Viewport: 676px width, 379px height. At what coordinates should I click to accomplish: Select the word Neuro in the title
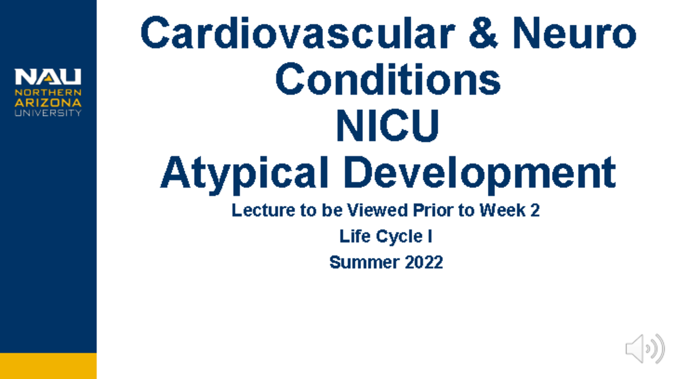(x=580, y=34)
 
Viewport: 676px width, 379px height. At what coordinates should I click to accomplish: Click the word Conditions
(x=388, y=80)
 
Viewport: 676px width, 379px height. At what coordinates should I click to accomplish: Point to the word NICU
(x=388, y=127)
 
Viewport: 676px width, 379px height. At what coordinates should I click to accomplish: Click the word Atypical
(x=244, y=173)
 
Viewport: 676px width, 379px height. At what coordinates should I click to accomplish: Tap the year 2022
(x=424, y=262)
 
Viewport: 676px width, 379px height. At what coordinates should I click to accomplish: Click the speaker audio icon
(x=644, y=349)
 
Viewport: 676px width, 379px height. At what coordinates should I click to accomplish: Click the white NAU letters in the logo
(x=48, y=77)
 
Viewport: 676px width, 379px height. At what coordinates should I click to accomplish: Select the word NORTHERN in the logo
(x=48, y=92)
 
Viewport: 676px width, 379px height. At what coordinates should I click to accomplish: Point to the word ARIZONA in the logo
(x=48, y=102)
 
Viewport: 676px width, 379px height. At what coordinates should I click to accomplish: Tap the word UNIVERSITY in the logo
(x=48, y=113)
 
